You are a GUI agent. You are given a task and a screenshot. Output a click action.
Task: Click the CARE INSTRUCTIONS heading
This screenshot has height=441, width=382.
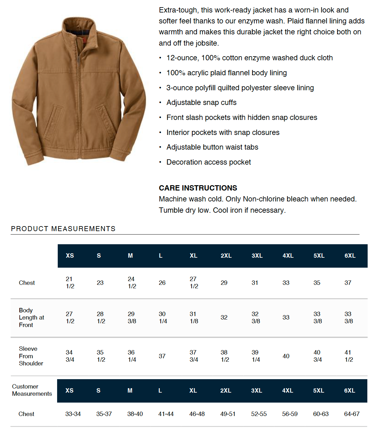tap(198, 188)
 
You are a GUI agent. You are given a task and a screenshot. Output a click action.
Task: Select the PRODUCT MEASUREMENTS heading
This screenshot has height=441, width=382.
tap(63, 229)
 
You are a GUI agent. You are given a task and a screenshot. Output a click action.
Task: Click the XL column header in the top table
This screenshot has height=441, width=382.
tap(193, 255)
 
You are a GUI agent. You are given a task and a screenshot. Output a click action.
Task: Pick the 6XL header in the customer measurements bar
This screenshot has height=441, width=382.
tap(350, 390)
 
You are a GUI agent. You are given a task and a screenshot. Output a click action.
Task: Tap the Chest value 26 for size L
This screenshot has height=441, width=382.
tap(162, 283)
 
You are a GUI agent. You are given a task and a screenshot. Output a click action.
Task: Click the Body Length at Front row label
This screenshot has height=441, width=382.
tap(31, 317)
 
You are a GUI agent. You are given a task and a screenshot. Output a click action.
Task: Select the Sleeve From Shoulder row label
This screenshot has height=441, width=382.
tap(31, 356)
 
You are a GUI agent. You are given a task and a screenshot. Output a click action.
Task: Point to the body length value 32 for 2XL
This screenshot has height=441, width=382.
tap(224, 317)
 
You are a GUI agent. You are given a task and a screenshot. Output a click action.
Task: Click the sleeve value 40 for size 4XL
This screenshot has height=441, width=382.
tap(286, 356)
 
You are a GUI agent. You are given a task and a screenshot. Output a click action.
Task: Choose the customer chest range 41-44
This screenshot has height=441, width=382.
tap(166, 414)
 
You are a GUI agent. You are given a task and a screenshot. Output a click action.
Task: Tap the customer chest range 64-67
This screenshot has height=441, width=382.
tap(352, 414)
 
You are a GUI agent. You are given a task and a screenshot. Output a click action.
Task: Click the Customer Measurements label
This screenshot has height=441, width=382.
tap(32, 390)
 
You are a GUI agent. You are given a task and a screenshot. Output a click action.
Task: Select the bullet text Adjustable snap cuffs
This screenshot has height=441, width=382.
tap(201, 102)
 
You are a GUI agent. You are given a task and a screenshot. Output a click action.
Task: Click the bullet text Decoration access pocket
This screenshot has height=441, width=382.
tap(208, 162)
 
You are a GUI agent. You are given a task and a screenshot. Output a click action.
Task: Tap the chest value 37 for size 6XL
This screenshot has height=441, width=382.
tap(348, 283)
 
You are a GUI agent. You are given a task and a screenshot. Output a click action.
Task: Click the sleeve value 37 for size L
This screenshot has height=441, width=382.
tap(162, 356)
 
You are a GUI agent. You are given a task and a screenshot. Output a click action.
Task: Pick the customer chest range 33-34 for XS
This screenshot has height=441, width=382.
tap(73, 414)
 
